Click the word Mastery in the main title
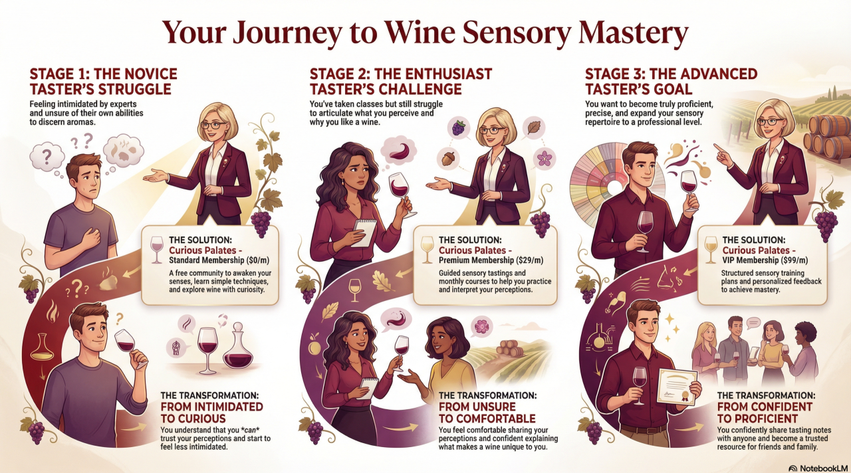coord(633,33)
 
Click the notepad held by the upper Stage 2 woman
coord(364,233)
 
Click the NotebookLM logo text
coord(824,468)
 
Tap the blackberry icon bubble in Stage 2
coord(459,128)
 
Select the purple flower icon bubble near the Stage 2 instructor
coord(545,158)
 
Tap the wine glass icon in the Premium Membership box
coord(427,249)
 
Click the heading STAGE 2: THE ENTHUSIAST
coord(401,74)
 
